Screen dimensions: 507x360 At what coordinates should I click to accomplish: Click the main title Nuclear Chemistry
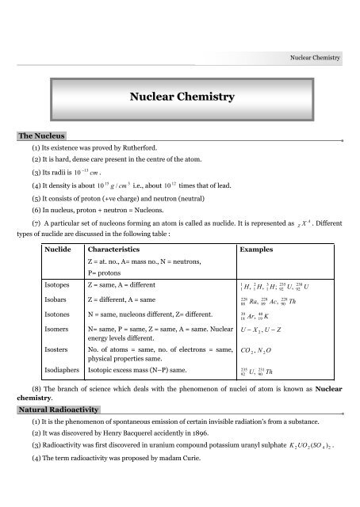coord(181,97)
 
